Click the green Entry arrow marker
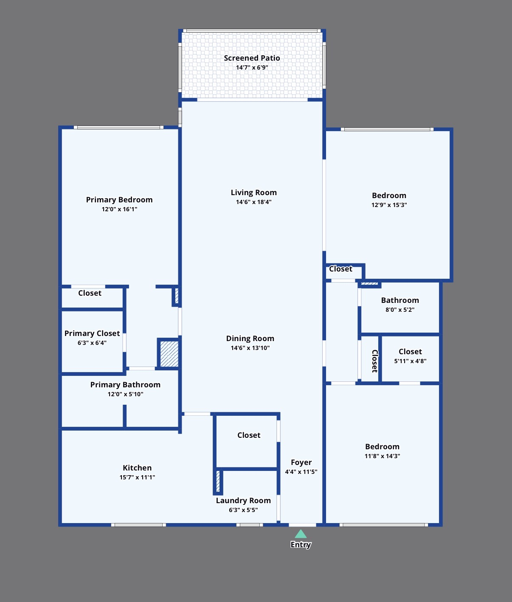click(x=301, y=534)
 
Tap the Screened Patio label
click(x=252, y=58)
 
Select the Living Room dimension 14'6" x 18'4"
click(x=253, y=202)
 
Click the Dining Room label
click(x=250, y=339)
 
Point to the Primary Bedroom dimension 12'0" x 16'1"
click(x=119, y=209)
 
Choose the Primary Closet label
click(x=92, y=333)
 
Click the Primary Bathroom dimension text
click(x=125, y=394)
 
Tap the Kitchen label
click(x=137, y=468)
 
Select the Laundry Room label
click(x=243, y=500)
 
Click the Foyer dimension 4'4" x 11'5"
click(x=301, y=471)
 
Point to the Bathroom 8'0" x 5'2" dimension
click(x=400, y=310)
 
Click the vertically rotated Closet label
click(x=375, y=361)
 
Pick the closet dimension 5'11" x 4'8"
click(x=410, y=361)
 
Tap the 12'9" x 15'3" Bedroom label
click(x=389, y=196)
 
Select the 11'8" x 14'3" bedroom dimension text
click(x=383, y=456)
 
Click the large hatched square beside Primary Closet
click(x=169, y=354)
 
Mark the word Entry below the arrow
click(x=301, y=544)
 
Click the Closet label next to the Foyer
click(x=248, y=435)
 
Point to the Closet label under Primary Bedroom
click(x=90, y=293)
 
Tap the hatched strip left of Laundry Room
click(x=218, y=481)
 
